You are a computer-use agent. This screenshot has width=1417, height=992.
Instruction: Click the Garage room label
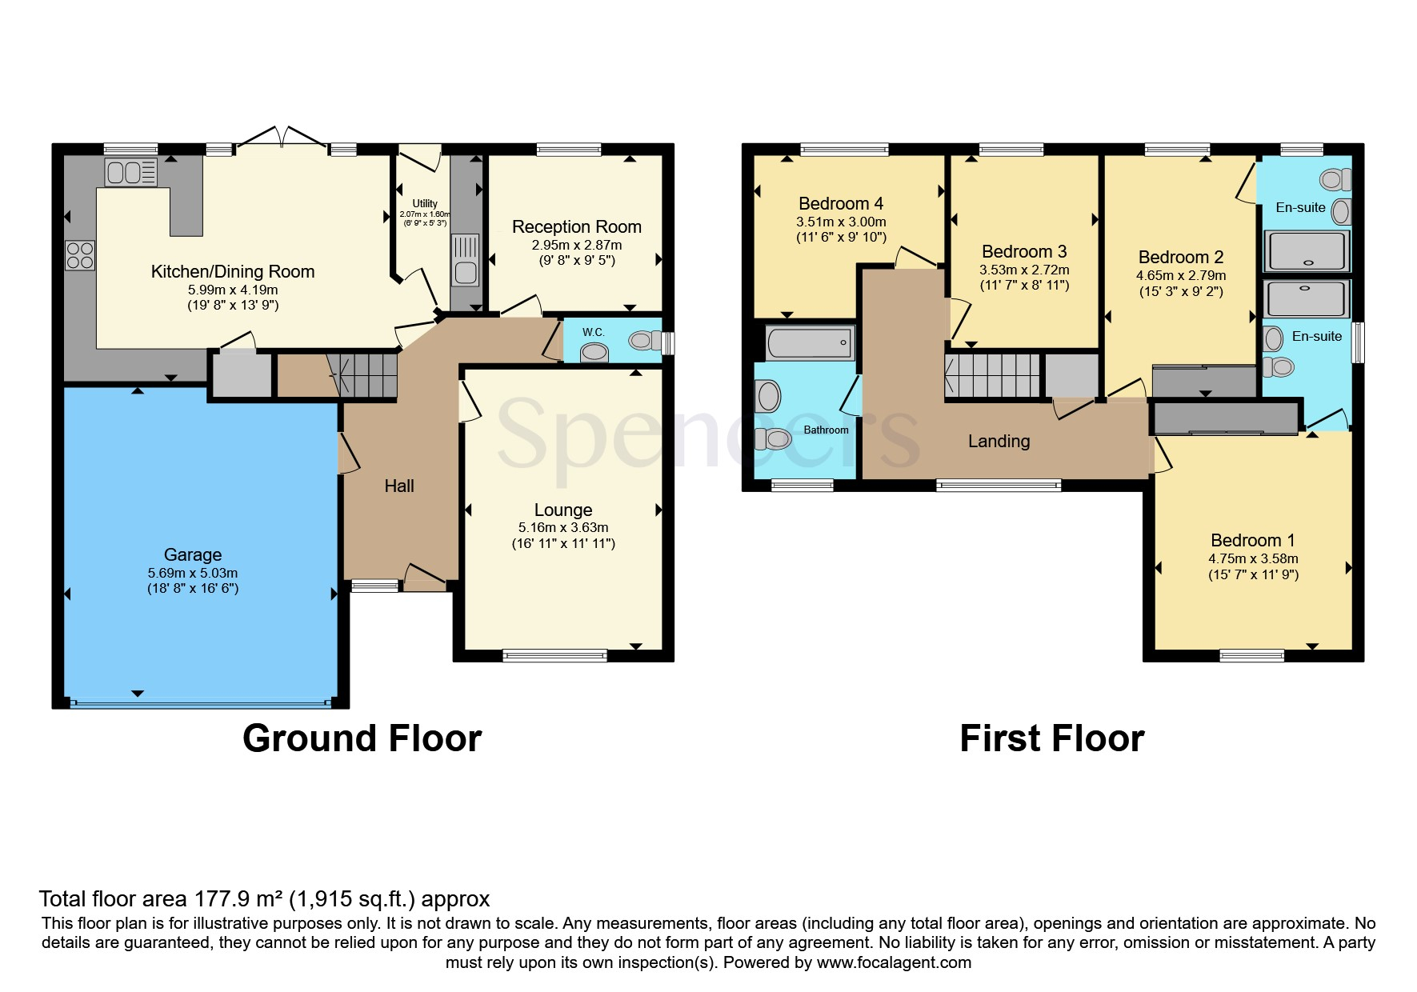[x=192, y=554]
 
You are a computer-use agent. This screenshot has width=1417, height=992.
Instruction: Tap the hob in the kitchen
[x=80, y=254]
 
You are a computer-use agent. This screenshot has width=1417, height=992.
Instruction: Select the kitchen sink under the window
[x=130, y=172]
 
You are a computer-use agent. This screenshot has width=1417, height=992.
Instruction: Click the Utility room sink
[x=465, y=259]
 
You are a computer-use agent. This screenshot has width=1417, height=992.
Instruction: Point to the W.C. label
[x=593, y=332]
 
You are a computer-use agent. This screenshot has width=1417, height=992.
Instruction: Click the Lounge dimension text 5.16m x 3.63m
[x=563, y=527]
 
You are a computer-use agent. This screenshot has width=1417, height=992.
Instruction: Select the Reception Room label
[x=577, y=226]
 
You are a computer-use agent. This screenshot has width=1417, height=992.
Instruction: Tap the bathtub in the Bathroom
[x=810, y=343]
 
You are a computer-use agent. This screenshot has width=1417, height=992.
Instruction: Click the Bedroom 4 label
[x=841, y=203]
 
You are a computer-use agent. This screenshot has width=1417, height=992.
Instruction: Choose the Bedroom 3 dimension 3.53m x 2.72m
[x=1024, y=270]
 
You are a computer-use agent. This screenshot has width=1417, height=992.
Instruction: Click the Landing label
[x=999, y=441]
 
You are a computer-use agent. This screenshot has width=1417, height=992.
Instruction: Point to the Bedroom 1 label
[x=1253, y=540]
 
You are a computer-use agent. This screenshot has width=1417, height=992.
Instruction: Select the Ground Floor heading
[x=362, y=738]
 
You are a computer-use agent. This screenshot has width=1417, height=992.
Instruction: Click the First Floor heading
[x=1052, y=738]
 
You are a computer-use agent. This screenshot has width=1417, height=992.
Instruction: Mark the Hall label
[x=399, y=486]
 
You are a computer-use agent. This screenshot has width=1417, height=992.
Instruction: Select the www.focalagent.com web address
[x=894, y=962]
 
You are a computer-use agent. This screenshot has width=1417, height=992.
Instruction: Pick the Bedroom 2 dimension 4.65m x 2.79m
[x=1181, y=275]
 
